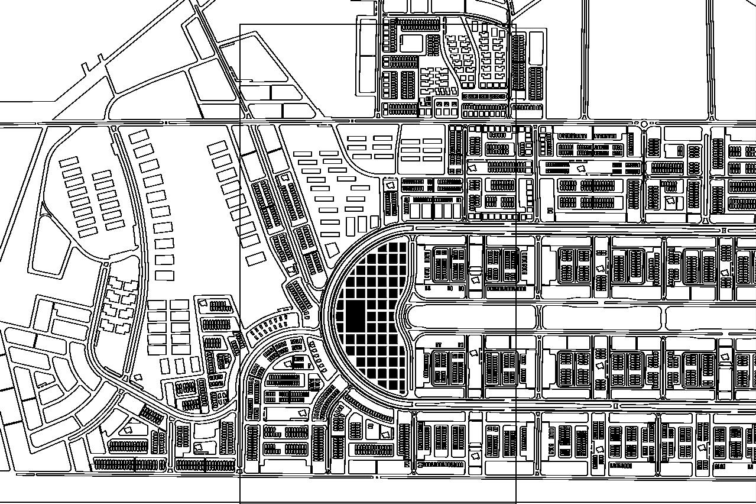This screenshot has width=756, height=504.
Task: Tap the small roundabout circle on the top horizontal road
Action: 644,124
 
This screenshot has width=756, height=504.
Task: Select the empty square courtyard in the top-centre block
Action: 411,44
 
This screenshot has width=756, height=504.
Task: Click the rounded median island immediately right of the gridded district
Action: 471,317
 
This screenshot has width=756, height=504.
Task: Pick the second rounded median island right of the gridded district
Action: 601,317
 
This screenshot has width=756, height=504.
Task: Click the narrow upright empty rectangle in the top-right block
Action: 536,48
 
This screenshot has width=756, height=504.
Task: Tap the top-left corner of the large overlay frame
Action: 240,25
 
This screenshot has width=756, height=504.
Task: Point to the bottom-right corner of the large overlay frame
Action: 515,503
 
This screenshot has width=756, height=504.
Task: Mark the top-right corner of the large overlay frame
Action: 515,25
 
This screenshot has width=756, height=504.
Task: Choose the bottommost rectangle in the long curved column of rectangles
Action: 164,275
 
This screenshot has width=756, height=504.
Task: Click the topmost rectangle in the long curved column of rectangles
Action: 139,137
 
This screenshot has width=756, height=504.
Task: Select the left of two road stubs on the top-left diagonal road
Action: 87,67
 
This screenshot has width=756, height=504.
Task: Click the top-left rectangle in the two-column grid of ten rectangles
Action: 157,304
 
